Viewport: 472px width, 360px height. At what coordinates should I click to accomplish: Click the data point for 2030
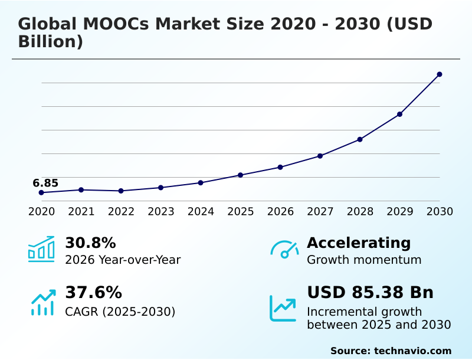tap(440, 74)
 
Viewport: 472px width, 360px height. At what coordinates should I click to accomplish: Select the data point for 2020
tap(41, 192)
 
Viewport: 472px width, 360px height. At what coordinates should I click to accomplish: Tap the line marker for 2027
tap(320, 156)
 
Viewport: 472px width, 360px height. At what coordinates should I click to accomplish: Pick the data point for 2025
tap(240, 175)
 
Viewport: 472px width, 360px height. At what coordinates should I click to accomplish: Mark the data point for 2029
tap(399, 114)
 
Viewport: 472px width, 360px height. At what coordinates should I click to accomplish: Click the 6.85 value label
tap(45, 183)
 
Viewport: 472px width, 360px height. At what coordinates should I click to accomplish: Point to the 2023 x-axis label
tap(160, 211)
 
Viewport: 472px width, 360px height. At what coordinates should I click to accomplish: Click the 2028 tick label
tap(360, 211)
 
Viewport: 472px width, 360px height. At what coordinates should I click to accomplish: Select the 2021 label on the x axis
tap(81, 211)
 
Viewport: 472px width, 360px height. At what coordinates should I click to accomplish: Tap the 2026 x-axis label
tap(280, 211)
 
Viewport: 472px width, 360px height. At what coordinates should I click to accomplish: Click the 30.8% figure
tap(90, 243)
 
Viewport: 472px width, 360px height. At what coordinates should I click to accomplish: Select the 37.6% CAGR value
tap(93, 293)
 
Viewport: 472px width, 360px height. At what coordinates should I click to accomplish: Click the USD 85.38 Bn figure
tap(370, 293)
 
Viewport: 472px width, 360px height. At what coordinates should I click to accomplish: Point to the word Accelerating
tap(359, 243)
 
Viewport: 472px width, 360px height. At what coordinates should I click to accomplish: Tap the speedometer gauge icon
tap(284, 250)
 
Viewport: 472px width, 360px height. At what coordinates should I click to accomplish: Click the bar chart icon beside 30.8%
tap(41, 249)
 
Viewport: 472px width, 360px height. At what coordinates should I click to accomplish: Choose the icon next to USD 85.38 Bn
tap(283, 308)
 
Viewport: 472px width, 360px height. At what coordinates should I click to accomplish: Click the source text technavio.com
tap(412, 351)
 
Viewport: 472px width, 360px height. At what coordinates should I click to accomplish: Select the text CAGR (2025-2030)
tap(120, 312)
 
